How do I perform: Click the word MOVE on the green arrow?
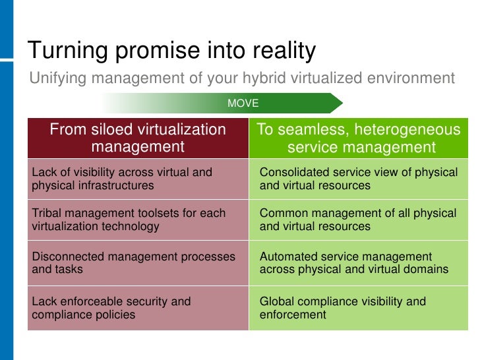(243, 104)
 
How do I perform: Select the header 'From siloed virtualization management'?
(138, 138)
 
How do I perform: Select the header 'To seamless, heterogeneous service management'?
(359, 138)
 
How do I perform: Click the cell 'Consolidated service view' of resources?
(359, 179)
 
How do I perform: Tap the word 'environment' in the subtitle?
(412, 78)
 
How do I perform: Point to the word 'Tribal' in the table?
(47, 214)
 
